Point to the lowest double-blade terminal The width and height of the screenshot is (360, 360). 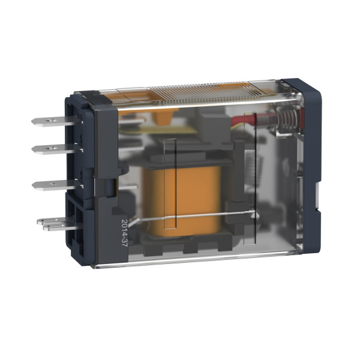pyautogui.click(x=54, y=224)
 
